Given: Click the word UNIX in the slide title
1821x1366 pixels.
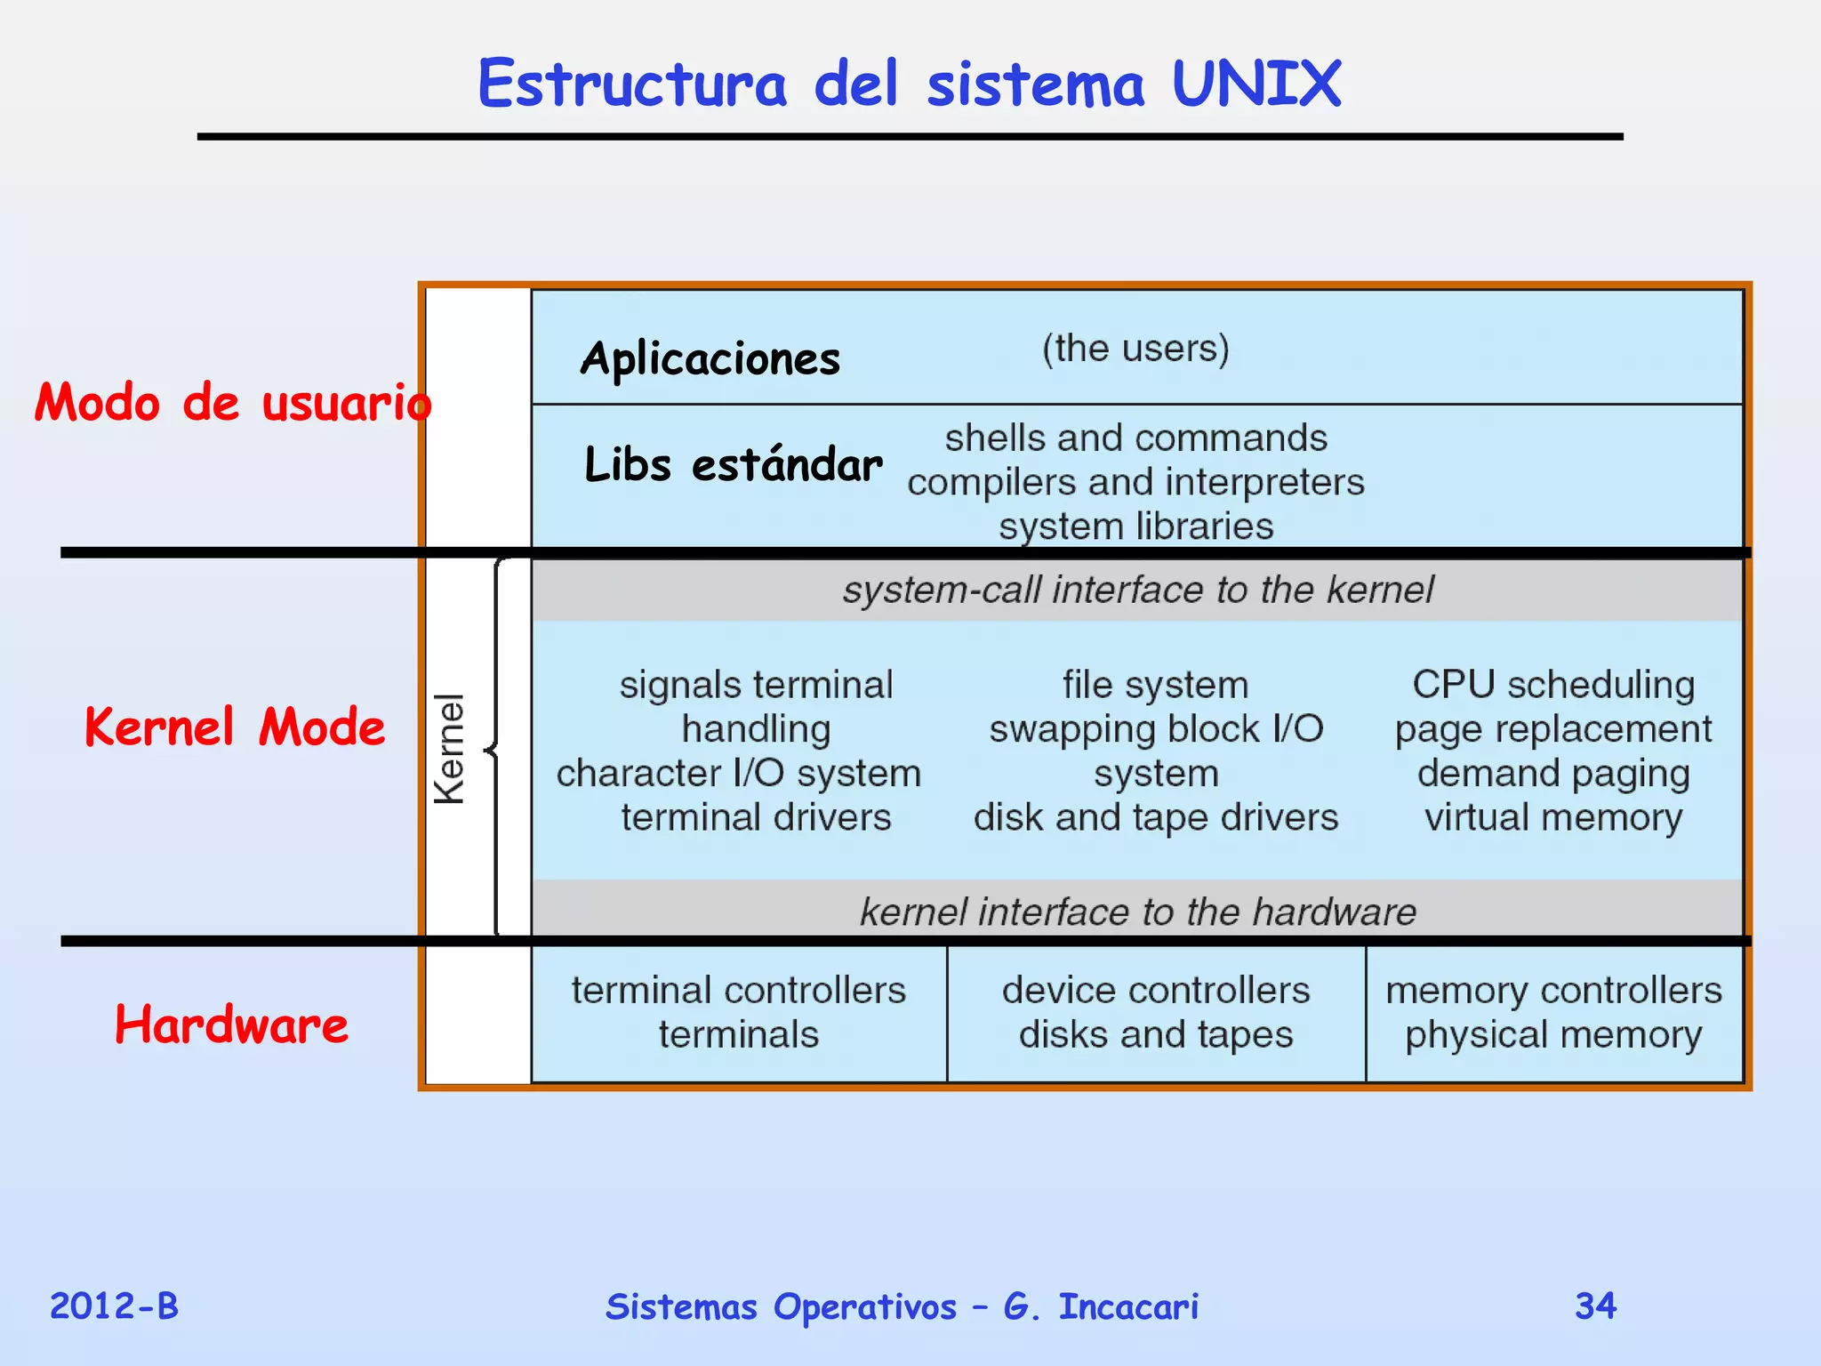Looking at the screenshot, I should click(1255, 84).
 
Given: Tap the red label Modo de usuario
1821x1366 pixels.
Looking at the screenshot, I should click(233, 402).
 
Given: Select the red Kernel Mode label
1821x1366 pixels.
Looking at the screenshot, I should click(235, 727).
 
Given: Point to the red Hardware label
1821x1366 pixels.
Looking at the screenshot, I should click(231, 1024).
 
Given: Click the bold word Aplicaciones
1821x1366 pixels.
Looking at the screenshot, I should click(710, 359).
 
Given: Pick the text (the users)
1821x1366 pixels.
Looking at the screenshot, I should click(1135, 349).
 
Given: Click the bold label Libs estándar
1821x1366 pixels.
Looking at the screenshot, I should click(734, 464).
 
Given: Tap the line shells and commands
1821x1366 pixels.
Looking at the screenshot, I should click(1135, 438).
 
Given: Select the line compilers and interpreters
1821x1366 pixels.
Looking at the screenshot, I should click(1135, 482).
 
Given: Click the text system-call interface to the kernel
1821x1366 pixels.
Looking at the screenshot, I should click(1137, 590).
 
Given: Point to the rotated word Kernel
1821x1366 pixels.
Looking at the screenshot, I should click(450, 749).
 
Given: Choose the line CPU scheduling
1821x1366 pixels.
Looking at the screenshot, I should click(1553, 685).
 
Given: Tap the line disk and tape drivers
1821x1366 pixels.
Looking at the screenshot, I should click(1155, 817).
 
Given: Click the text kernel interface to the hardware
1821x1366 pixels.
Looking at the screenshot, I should click(1137, 912).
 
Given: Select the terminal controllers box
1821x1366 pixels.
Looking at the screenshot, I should click(739, 1013).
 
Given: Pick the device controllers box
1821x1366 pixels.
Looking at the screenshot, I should click(1156, 1013).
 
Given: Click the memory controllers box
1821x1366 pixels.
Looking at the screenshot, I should click(1553, 1013).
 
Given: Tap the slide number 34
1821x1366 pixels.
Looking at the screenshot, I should click(1595, 1306).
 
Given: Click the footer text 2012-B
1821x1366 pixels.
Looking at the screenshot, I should click(114, 1306).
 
